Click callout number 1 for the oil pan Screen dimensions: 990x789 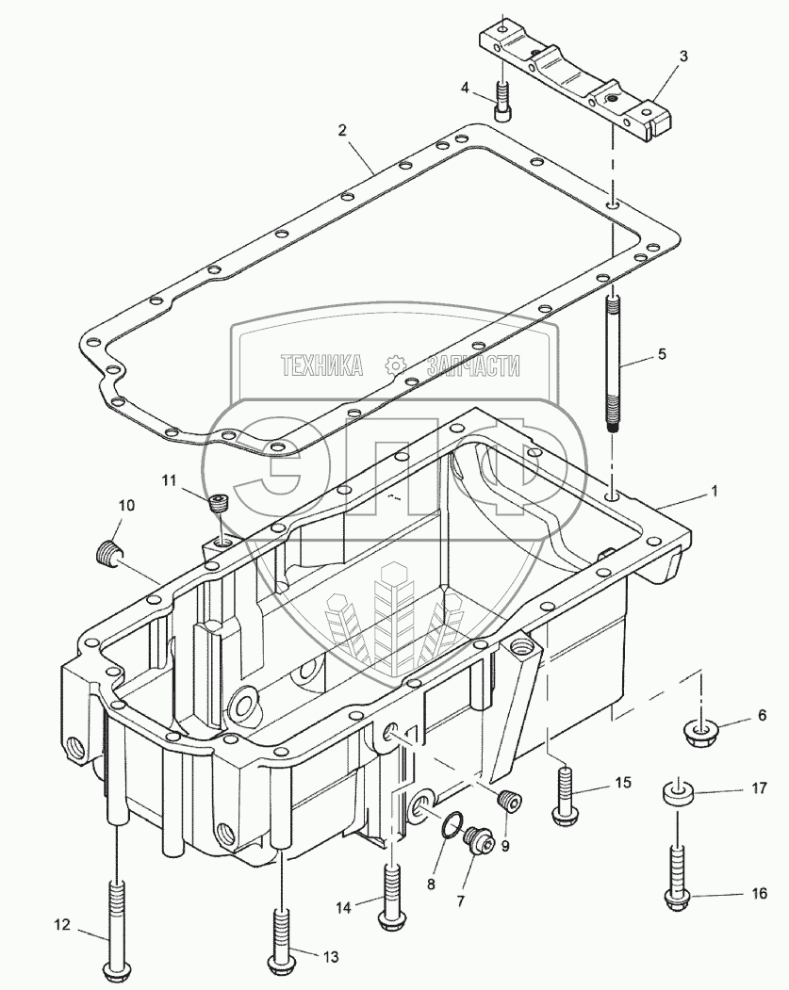tap(715, 491)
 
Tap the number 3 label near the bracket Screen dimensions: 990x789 tap(683, 57)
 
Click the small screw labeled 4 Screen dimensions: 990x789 tap(502, 102)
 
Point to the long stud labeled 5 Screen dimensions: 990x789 tap(613, 363)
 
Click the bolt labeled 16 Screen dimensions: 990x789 tap(677, 876)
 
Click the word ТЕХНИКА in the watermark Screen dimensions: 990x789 tap(321, 365)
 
